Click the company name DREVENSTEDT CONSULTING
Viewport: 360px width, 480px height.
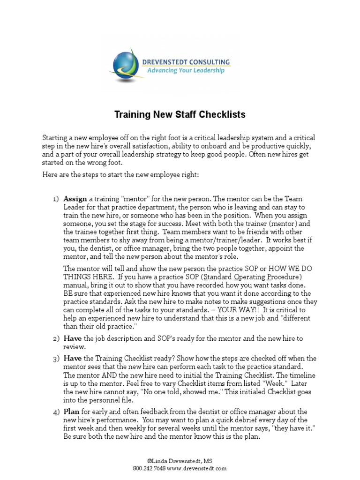click(186, 61)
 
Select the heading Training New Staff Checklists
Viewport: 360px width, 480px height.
click(180, 114)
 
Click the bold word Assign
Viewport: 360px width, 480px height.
click(75, 199)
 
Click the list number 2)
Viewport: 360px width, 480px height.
click(56, 338)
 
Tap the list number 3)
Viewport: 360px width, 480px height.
click(56, 359)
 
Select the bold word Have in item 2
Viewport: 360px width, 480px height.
click(72, 338)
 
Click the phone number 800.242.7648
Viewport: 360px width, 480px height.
click(150, 468)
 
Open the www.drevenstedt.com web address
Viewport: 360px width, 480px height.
click(197, 468)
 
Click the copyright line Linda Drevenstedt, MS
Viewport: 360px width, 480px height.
click(180, 462)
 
